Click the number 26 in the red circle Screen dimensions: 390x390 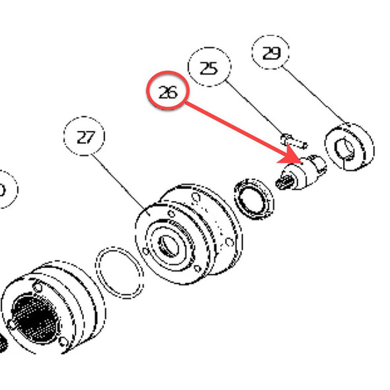168,93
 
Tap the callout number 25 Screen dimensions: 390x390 209,69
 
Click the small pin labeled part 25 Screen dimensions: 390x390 292,139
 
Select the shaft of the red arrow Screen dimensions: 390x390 238,128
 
